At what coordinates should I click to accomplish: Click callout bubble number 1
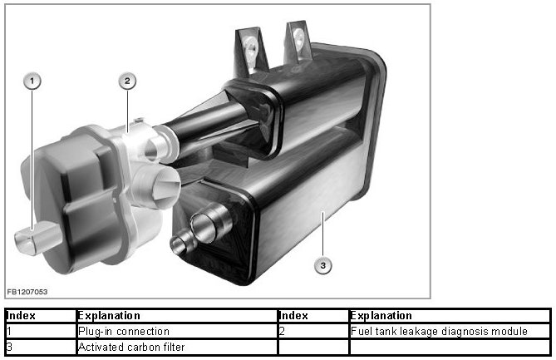click(32, 81)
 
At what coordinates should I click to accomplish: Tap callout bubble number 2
click(127, 81)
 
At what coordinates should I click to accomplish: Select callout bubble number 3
click(322, 265)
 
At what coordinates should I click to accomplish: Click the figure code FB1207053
click(27, 292)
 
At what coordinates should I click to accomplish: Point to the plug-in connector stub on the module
click(37, 237)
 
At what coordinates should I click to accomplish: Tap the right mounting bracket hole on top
click(298, 39)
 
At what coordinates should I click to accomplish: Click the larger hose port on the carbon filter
click(210, 224)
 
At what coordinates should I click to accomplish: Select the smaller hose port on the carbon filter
click(183, 242)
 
